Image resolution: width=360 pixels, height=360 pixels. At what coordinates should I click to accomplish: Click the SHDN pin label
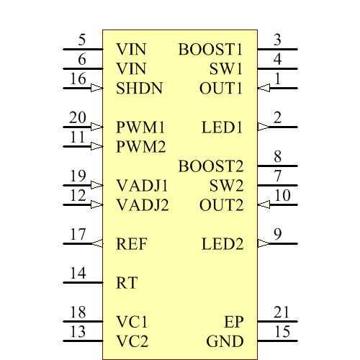(139, 89)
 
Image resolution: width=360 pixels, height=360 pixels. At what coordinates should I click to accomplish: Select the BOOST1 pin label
(210, 50)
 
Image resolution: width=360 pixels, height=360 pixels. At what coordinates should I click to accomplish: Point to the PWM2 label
(141, 147)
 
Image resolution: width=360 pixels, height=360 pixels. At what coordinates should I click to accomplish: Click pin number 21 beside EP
(282, 312)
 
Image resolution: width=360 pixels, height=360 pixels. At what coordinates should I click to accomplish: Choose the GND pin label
(225, 341)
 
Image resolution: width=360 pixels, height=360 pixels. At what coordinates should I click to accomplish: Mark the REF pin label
(132, 244)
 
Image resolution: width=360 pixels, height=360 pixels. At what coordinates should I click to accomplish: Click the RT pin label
(127, 283)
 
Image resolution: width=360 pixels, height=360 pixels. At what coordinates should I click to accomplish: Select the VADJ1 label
(143, 186)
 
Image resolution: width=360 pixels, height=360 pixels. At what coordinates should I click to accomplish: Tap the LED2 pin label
(222, 244)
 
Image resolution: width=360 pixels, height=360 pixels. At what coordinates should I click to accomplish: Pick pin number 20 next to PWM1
(78, 117)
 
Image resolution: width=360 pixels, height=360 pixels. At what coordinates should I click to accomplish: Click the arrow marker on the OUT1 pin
(263, 89)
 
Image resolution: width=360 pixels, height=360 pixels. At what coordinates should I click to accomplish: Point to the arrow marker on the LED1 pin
(263, 127)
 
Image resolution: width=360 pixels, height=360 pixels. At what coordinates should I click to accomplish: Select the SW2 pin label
(227, 186)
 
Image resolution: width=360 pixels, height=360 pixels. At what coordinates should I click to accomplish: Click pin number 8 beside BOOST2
(278, 156)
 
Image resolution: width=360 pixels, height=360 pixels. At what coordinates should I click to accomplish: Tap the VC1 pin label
(132, 322)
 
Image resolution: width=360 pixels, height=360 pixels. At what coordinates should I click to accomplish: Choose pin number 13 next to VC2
(78, 331)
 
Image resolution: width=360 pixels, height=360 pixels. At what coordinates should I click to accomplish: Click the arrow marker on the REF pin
(98, 244)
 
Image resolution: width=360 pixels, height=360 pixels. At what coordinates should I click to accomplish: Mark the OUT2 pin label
(222, 205)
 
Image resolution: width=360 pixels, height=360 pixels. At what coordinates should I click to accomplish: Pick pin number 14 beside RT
(78, 273)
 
